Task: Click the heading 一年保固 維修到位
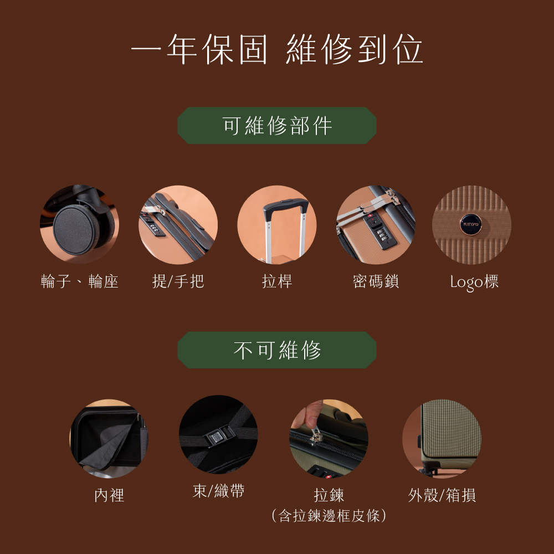[277, 49]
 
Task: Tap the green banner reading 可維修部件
[277, 125]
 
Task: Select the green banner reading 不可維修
[277, 350]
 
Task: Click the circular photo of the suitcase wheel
[79, 224]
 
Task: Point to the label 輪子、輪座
[79, 281]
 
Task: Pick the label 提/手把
[178, 281]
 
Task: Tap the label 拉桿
[277, 281]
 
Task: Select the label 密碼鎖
[376, 281]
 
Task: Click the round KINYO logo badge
[471, 224]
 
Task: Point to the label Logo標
[474, 282]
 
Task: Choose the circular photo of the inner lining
[109, 438]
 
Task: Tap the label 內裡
[109, 495]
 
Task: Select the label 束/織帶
[218, 491]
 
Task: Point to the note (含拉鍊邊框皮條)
[329, 516]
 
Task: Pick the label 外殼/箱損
[442, 495]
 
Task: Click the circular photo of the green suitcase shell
[442, 438]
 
